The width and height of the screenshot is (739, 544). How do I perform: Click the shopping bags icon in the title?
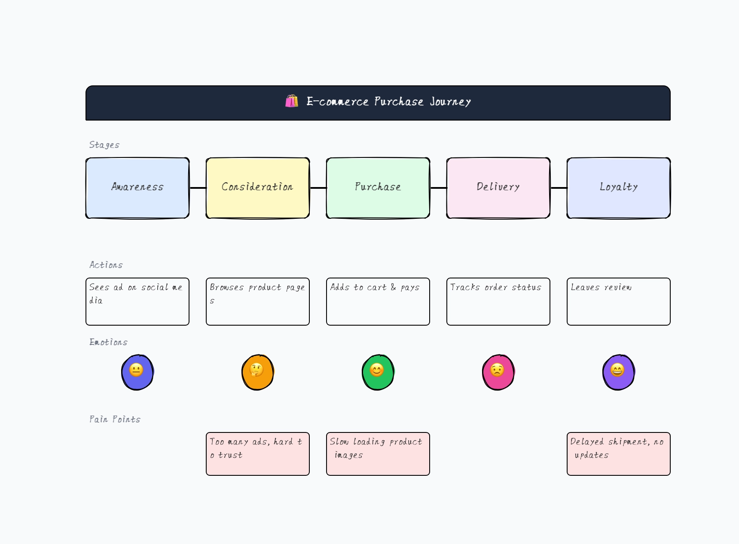292,101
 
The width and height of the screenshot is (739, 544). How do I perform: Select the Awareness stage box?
137,188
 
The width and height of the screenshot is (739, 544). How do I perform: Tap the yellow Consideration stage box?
258,188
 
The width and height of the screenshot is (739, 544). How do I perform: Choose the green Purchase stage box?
378,188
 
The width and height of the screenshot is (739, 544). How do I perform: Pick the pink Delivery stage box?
498,188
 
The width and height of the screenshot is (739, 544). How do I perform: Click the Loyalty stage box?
619,188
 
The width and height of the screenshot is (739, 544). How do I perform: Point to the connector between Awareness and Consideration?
198,188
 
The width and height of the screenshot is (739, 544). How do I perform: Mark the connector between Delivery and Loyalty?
559,188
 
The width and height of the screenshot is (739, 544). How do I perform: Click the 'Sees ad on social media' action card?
137,301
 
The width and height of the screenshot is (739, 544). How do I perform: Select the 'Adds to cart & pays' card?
378,301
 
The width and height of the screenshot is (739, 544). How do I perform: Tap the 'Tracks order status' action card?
498,301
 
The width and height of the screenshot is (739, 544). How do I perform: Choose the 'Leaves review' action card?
619,301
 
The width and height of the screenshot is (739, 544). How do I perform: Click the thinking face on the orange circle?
257,370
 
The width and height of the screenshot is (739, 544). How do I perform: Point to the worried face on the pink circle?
497,370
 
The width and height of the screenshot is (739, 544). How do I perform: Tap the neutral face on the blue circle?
136,370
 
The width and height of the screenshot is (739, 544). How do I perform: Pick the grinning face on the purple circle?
617,370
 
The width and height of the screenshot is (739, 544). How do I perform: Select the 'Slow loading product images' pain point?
378,453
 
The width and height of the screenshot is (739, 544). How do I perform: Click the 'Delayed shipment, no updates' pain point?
619,453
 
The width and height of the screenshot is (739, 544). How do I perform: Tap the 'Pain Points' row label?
115,419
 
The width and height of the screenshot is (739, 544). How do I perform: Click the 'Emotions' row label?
108,342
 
